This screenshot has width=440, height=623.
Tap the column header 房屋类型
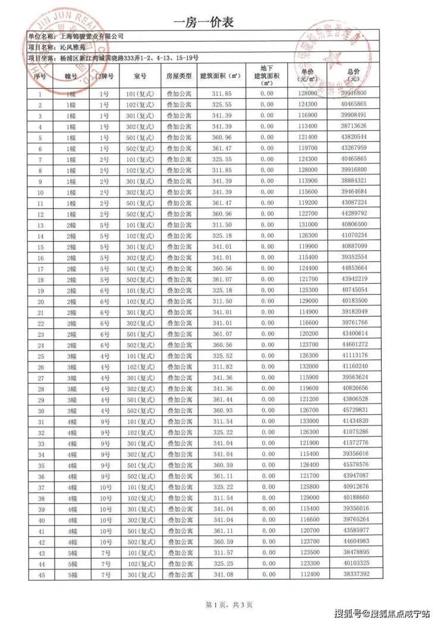[178, 77]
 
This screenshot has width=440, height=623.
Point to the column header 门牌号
[104, 77]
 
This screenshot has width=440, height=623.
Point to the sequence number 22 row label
[41, 323]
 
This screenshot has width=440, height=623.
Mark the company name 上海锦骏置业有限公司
[92, 36]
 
